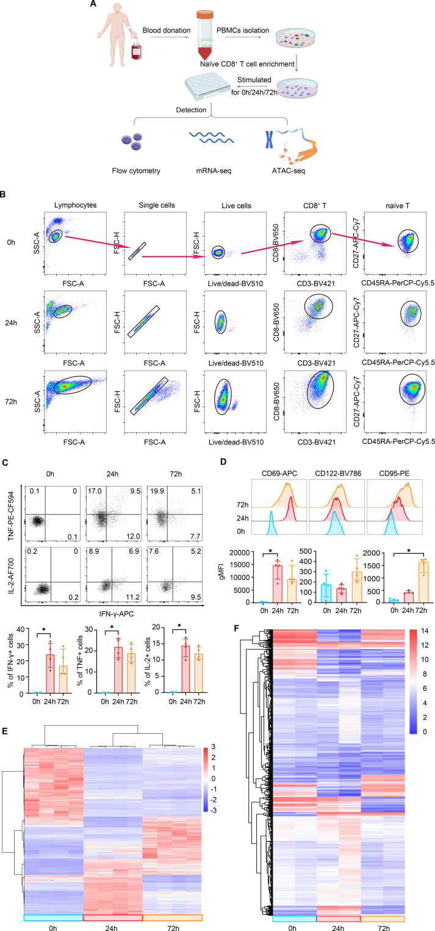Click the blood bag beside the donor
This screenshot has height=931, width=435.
click(136, 51)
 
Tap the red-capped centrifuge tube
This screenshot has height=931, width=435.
click(204, 35)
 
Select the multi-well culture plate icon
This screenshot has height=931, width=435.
click(206, 85)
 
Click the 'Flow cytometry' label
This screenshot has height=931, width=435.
click(136, 170)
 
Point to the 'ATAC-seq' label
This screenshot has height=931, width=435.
click(289, 170)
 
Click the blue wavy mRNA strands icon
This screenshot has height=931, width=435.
click(211, 138)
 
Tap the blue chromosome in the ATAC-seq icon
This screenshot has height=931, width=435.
click(269, 139)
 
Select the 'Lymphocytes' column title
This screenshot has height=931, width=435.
click(75, 205)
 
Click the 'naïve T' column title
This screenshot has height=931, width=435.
click(398, 205)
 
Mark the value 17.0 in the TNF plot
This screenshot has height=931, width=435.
click(95, 491)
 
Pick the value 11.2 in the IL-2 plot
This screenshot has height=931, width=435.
click(132, 597)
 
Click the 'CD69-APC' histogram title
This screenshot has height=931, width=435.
click(279, 473)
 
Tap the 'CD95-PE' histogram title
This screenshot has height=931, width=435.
click(394, 473)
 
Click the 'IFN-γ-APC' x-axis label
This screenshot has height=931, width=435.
click(117, 614)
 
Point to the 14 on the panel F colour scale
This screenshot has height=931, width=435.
click(424, 631)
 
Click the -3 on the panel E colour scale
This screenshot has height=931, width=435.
click(213, 810)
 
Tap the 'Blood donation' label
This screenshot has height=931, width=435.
click(167, 31)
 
